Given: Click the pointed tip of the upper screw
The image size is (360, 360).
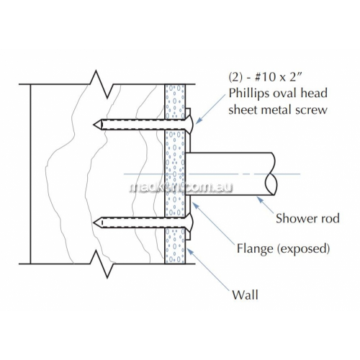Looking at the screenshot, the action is tap(94, 125).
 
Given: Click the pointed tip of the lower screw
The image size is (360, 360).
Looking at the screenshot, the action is tap(94, 222).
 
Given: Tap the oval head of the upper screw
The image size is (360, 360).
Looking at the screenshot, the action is tap(189, 125).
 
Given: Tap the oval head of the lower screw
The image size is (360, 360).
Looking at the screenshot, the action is tap(189, 222).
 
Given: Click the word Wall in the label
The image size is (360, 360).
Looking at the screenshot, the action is tap(245, 294).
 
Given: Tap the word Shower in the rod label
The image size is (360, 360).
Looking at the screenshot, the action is tap(294, 218).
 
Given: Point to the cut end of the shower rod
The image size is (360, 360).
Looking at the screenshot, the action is tap(271, 174).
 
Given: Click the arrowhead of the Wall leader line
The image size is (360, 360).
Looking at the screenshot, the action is tap(189, 251).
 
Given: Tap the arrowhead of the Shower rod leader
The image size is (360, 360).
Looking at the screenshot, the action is tap(260, 199).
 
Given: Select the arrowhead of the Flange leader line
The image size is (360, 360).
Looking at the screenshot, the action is tap(195, 205).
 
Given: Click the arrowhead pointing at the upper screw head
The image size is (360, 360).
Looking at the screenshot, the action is tap(199, 121).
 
